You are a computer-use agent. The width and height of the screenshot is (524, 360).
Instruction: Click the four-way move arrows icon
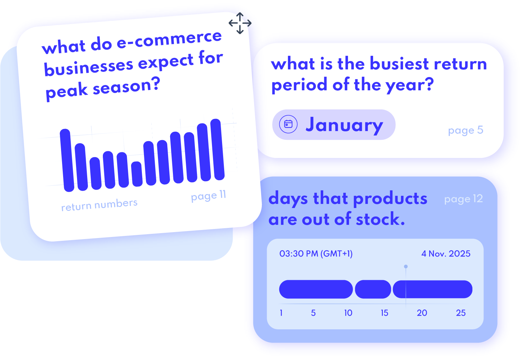pyautogui.click(x=240, y=23)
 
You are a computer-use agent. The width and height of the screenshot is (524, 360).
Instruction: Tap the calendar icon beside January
pyautogui.click(x=288, y=124)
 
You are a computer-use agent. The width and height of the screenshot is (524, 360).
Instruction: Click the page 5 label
pyautogui.click(x=465, y=130)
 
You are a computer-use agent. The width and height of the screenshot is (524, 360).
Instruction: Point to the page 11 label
pyautogui.click(x=208, y=196)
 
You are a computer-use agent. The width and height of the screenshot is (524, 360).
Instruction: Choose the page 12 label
pyautogui.click(x=463, y=199)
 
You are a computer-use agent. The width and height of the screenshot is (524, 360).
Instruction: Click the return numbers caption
pyautogui.click(x=99, y=205)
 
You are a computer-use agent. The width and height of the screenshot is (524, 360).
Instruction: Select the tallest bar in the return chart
pyautogui.click(x=217, y=150)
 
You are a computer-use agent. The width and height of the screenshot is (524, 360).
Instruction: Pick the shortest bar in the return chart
pyautogui.click(x=137, y=174)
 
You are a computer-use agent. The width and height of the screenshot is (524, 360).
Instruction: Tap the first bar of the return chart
pyautogui.click(x=67, y=160)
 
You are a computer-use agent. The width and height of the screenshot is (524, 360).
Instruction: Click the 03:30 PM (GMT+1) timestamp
pyautogui.click(x=316, y=254)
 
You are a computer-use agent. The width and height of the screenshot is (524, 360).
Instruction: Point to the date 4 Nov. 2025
pyautogui.click(x=446, y=254)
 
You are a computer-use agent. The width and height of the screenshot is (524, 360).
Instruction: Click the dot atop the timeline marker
pyautogui.click(x=406, y=267)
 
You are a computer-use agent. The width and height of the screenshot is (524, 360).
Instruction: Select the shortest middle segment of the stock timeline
pyautogui.click(x=373, y=289)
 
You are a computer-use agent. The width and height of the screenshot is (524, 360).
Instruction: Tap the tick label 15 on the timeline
pyautogui.click(x=384, y=313)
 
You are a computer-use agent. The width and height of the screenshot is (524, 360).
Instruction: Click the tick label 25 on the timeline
pyautogui.click(x=461, y=313)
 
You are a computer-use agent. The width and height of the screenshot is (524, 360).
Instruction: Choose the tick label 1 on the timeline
pyautogui.click(x=281, y=313)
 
